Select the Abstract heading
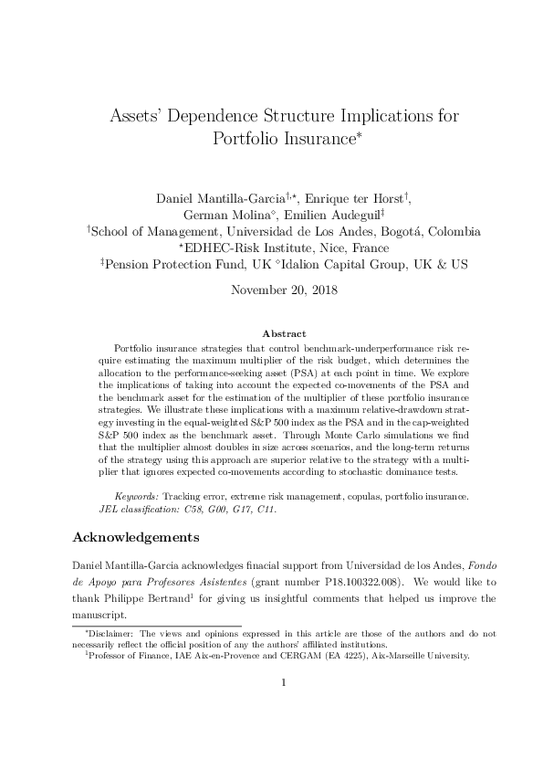tap(271, 335)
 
